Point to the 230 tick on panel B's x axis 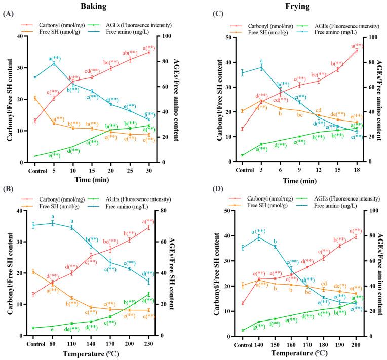point(149,341)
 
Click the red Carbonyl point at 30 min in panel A point(149,52)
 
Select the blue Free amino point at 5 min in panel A point(54,63)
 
